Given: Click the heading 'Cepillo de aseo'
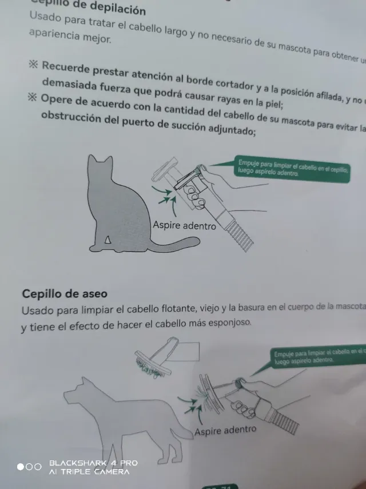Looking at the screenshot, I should click(65, 293).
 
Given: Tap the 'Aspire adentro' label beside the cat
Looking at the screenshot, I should click(184, 225).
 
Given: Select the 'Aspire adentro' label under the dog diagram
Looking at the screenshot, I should click(225, 430).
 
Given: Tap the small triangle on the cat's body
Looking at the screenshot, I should click(107, 238).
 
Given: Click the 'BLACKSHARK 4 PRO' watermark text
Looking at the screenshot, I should click(93, 463).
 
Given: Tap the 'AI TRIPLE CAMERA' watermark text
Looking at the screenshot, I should click(89, 471).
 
